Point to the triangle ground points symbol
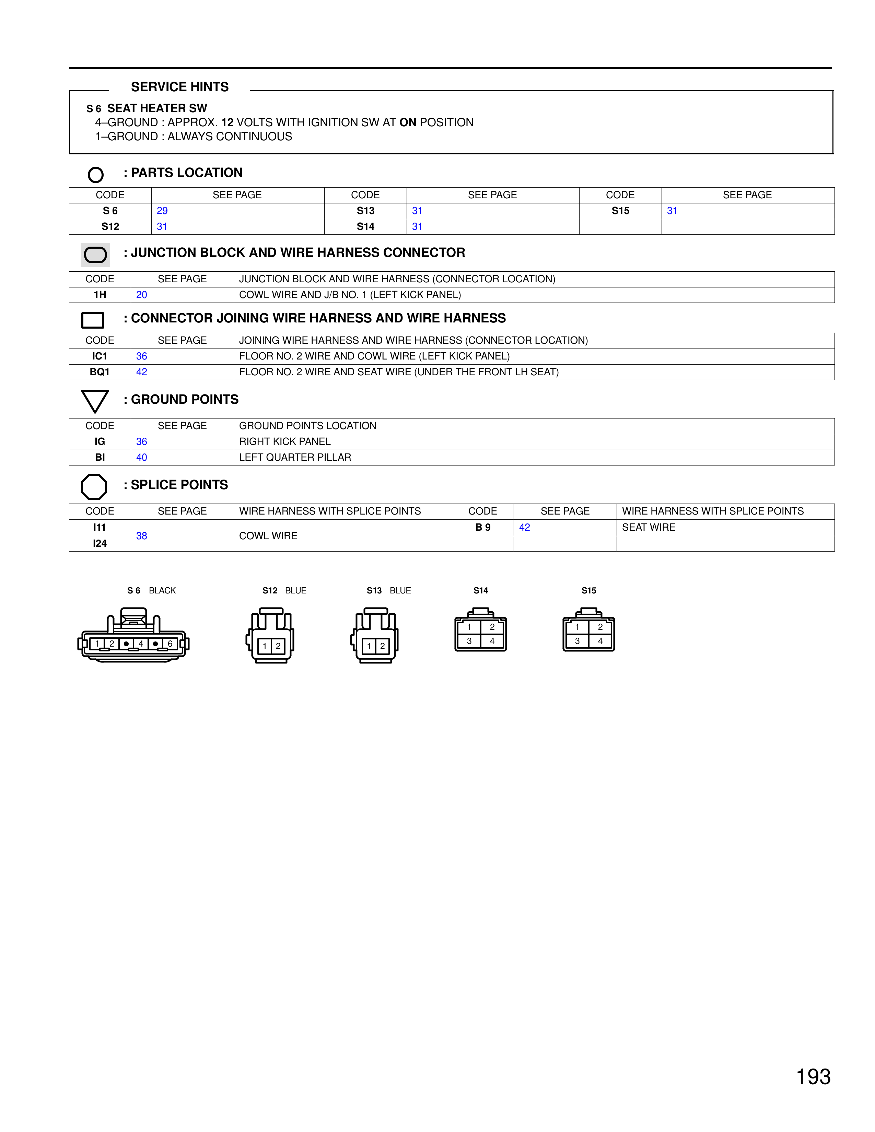coord(95,401)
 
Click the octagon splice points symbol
coord(94,487)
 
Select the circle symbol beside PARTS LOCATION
coord(96,175)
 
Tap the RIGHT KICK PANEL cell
coord(284,441)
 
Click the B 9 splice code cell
coord(482,528)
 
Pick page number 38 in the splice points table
coord(141,536)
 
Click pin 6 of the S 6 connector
coord(170,644)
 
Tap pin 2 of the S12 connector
coord(278,646)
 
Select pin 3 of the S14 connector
coord(469,641)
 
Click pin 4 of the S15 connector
coord(600,641)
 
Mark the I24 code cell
coord(100,544)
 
